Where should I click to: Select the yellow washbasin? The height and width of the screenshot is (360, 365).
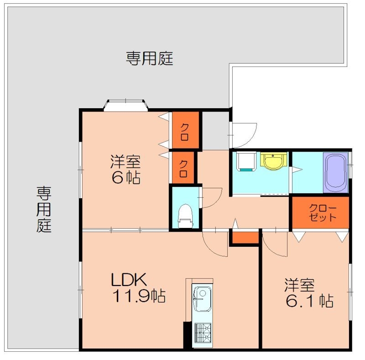(273, 161)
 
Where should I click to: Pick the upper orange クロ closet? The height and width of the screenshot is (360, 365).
(185, 130)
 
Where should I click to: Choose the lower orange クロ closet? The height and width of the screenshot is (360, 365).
(183, 168)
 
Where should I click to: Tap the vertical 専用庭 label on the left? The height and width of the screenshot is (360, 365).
(44, 209)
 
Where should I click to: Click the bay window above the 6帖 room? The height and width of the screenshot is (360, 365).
(126, 105)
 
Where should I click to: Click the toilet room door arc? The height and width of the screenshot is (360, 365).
(211, 199)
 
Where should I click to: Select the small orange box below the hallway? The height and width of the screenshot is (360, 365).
(244, 238)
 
